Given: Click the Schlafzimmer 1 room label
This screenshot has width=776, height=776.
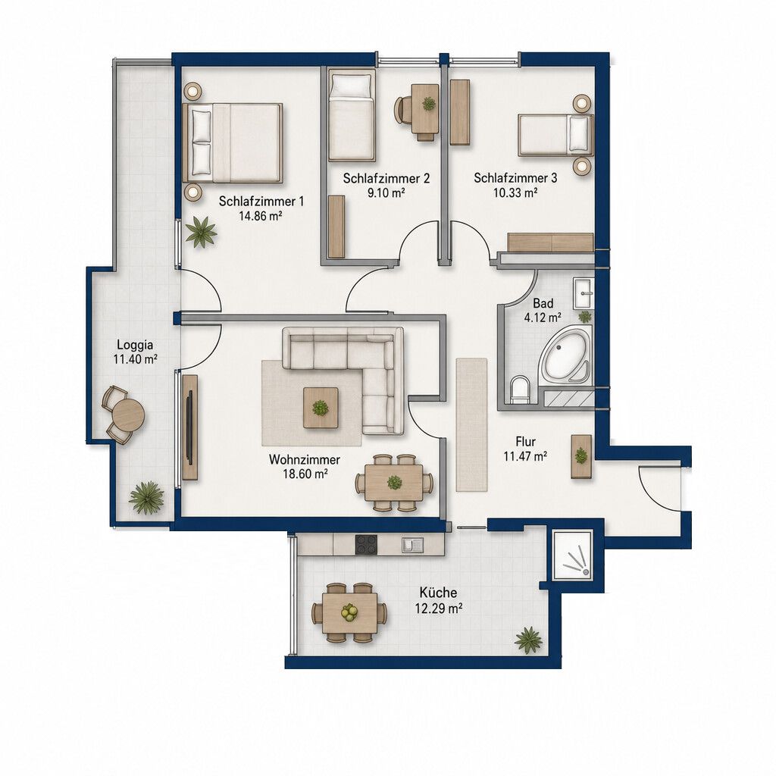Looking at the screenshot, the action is click(261, 202).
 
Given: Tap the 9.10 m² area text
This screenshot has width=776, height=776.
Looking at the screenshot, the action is click(386, 192).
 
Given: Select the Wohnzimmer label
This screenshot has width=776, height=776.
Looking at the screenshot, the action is click(305, 459).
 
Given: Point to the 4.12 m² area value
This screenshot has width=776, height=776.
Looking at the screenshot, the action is click(543, 318).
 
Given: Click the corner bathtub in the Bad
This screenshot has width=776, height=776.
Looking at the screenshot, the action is click(566, 355).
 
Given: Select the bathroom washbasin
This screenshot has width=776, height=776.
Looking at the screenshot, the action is click(584, 293).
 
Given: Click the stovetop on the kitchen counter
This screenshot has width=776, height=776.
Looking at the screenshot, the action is click(366, 544).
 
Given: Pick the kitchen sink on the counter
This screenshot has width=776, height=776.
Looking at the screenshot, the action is click(413, 544).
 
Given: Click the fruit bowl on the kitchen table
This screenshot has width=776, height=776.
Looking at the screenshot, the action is click(349, 612).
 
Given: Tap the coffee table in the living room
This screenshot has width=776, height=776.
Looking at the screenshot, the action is click(321, 408).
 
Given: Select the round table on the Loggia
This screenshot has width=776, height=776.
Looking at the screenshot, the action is click(128, 415).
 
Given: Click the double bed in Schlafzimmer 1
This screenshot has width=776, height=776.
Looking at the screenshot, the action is click(232, 143).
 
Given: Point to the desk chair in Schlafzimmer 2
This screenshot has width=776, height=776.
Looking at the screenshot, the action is click(402, 109).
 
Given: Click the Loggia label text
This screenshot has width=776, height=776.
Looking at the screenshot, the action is click(135, 345).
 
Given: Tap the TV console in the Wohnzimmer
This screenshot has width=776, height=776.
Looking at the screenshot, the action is click(190, 427).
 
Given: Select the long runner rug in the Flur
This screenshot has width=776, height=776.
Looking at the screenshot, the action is click(471, 424).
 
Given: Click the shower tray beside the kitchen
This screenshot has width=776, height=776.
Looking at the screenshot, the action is click(573, 555).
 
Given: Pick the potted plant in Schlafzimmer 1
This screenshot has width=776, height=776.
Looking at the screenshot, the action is click(201, 232).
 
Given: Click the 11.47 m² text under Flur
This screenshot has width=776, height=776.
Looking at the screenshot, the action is click(525, 455).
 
